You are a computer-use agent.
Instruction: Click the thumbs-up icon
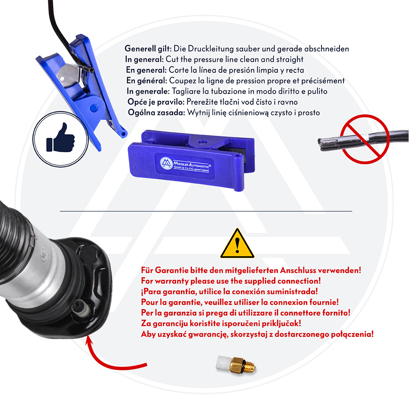60,138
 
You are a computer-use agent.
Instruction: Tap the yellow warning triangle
237,243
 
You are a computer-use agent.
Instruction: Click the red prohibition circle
365,139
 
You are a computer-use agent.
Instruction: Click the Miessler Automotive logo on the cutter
166,163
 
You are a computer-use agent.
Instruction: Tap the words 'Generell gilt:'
148,49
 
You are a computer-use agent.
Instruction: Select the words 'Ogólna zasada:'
157,113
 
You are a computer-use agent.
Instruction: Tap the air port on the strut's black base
81,308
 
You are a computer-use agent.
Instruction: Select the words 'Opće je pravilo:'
156,102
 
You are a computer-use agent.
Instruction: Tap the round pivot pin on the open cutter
93,108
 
